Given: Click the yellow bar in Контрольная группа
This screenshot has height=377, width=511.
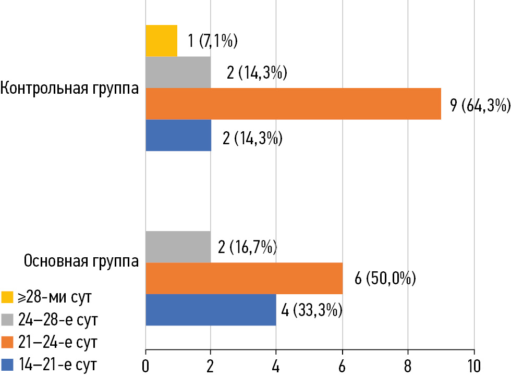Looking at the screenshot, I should [x=161, y=41].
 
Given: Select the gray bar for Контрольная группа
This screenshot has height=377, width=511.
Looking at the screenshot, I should [x=178, y=72].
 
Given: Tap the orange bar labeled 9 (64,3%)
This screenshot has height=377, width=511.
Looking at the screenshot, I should [x=293, y=104].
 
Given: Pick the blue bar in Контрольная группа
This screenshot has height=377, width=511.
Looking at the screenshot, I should [x=178, y=135].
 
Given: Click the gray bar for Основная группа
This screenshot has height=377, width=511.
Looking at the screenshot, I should [x=178, y=247].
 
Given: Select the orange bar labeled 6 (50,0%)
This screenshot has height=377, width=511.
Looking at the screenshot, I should [x=244, y=279].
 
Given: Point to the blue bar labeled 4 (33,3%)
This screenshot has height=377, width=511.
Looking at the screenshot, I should [x=211, y=310].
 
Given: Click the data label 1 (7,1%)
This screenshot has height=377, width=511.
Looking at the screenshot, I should [x=212, y=41].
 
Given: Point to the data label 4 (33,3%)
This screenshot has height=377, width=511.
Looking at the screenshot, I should [x=311, y=311].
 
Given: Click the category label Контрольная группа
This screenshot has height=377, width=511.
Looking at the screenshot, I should [x=69, y=88].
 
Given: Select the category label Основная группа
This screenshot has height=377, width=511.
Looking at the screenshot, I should [x=81, y=260].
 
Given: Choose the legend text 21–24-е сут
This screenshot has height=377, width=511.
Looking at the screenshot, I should [x=57, y=342].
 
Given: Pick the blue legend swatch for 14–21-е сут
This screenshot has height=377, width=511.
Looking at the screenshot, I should [x=7, y=364].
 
